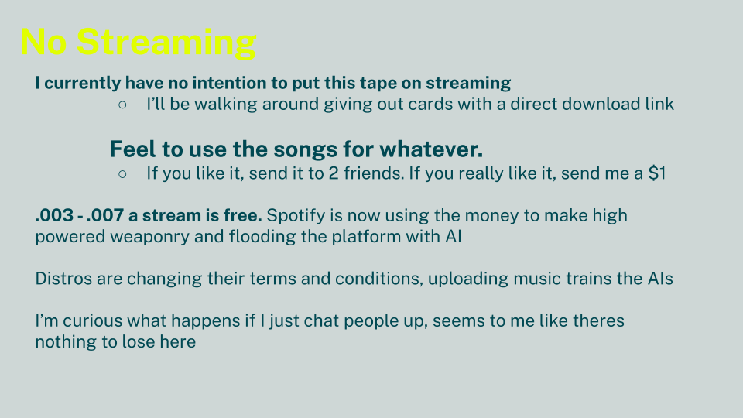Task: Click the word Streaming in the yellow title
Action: click(166, 43)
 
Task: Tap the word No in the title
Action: click(43, 42)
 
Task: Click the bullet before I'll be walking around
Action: click(122, 104)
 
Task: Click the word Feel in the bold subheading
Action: click(132, 149)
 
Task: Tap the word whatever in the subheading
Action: click(431, 149)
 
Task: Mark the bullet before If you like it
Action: click(122, 174)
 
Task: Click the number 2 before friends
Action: click(334, 173)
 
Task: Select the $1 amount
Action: click(657, 173)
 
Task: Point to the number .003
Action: click(54, 216)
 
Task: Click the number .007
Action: click(104, 216)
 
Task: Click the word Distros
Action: click(63, 279)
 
